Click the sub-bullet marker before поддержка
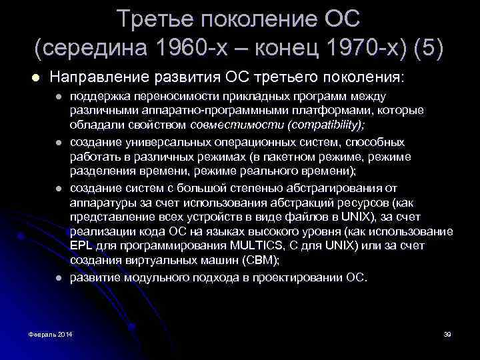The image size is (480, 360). (59, 97)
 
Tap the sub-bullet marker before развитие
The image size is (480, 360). (59, 277)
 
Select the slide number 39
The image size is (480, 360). (447, 333)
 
